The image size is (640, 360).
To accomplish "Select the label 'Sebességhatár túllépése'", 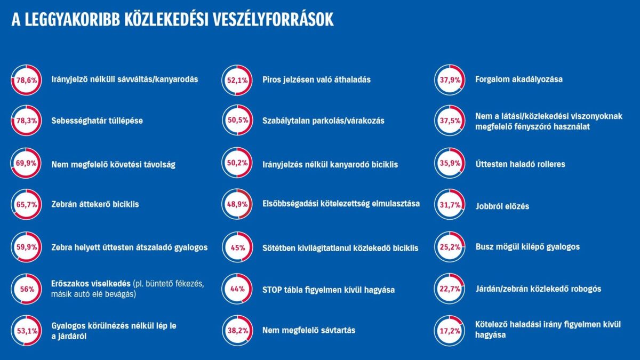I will pyautogui.click(x=97, y=121).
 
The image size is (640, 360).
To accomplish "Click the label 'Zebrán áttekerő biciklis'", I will pyautogui.click(x=95, y=205).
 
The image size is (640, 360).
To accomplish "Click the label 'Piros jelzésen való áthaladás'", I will pyautogui.click(x=316, y=79).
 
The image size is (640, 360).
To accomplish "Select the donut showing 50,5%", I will pyautogui.click(x=237, y=121).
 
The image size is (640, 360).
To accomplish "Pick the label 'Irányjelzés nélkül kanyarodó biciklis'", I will pyautogui.click(x=330, y=164).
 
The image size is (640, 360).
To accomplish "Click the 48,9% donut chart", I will pyautogui.click(x=237, y=205).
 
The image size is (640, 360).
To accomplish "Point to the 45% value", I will pyautogui.click(x=237, y=247).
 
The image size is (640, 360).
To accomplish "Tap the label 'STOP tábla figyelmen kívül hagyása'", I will pyautogui.click(x=329, y=290).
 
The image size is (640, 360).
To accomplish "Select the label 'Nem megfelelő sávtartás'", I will pyautogui.click(x=309, y=331).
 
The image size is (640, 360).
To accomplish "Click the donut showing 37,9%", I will pyautogui.click(x=450, y=79).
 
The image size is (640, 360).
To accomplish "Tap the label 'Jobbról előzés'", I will pyautogui.click(x=502, y=205).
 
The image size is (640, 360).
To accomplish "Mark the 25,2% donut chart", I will pyautogui.click(x=450, y=247).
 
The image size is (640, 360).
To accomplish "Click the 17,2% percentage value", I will pyautogui.click(x=450, y=331).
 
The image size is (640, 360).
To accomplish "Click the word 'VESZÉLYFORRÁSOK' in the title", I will pyautogui.click(x=274, y=20).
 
